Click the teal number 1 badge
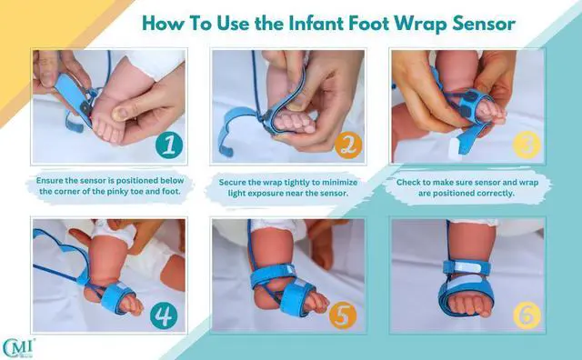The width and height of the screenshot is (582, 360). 169,145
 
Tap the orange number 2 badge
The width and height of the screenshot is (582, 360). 348,145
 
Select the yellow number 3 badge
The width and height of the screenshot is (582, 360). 527,145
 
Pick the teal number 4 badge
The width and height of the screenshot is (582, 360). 164,315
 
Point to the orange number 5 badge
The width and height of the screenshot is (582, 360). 343,315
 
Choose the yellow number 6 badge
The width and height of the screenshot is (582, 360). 527,315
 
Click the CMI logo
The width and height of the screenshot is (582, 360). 18,348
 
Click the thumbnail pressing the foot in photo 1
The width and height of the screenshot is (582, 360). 119,114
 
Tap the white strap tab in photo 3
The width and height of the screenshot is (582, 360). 456,148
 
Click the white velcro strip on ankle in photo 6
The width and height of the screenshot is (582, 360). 468,266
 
